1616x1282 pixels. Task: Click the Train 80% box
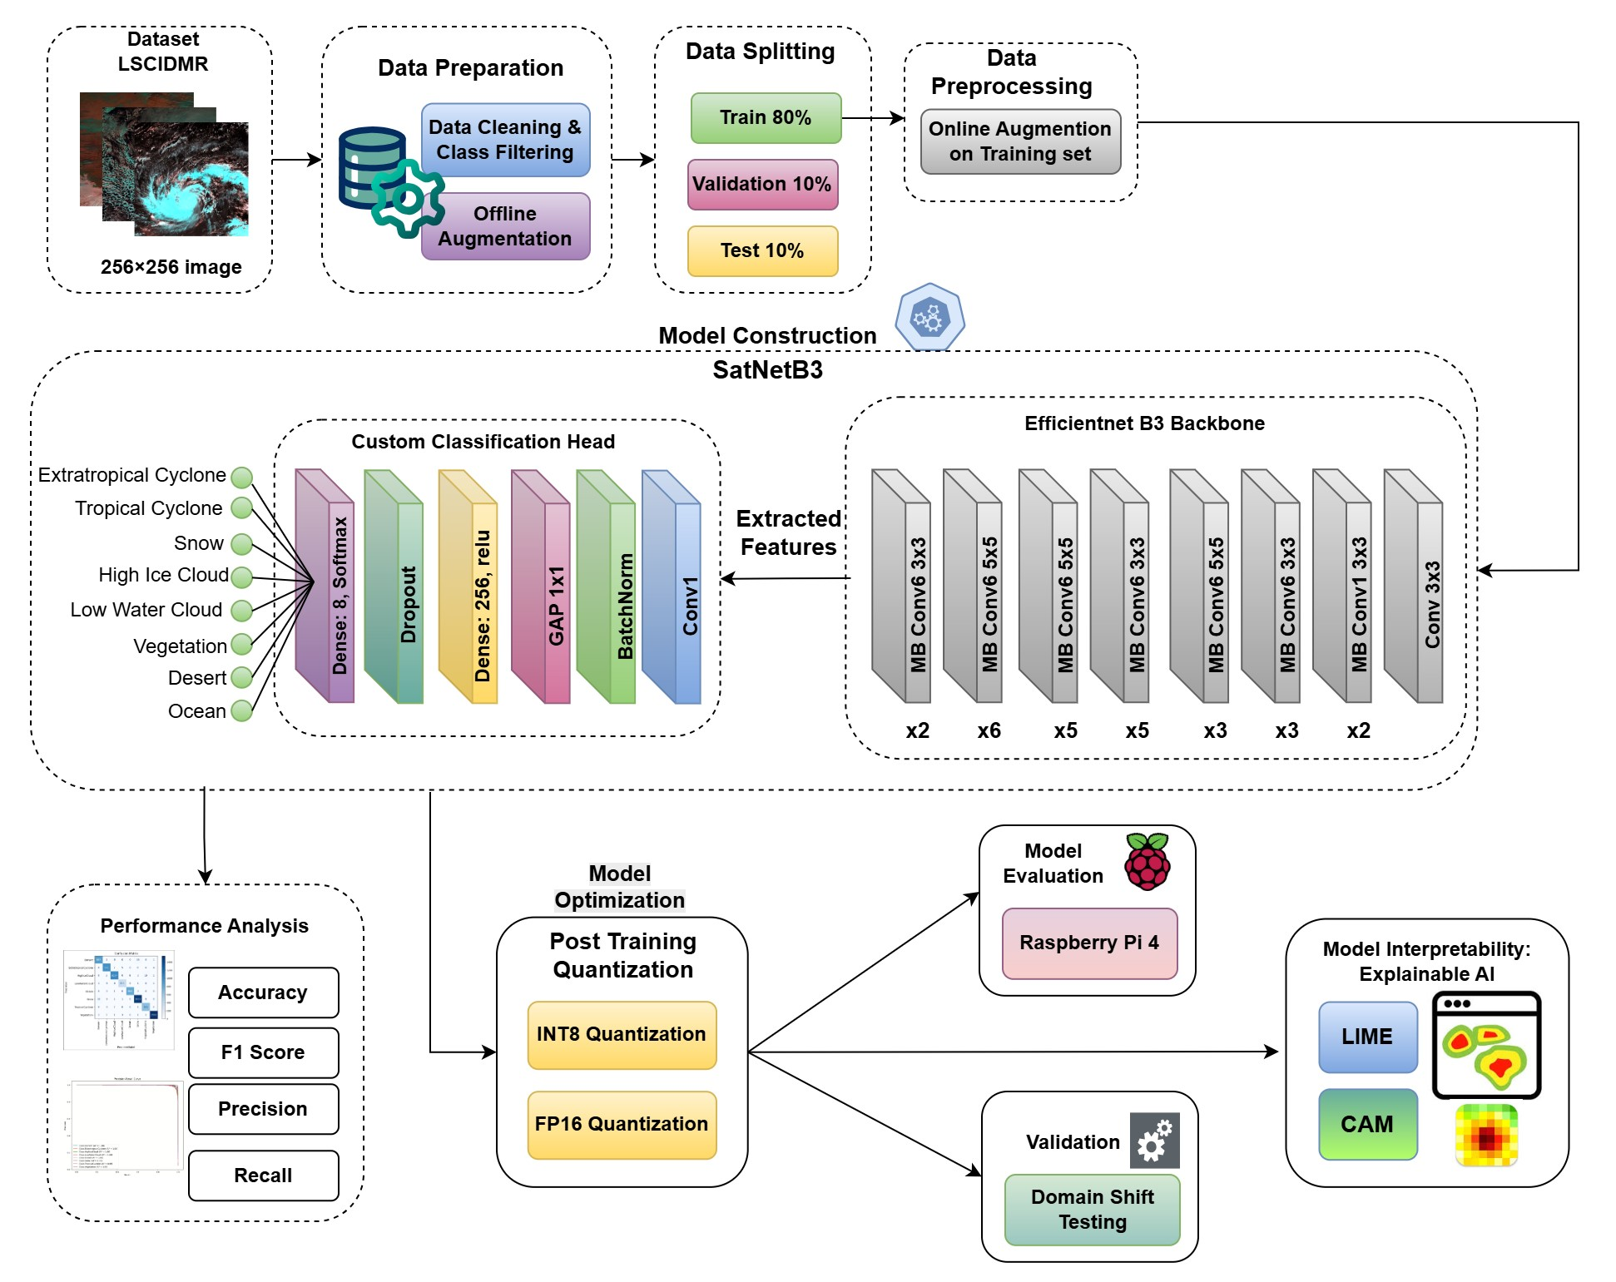click(x=766, y=117)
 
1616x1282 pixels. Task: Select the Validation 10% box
click(x=762, y=184)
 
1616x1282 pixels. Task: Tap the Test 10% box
click(x=762, y=250)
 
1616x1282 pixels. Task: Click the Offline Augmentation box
click(x=505, y=226)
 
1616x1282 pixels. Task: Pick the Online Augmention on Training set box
click(x=1020, y=141)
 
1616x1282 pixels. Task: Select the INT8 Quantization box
click(x=622, y=1034)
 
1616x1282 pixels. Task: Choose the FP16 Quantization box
click(x=622, y=1124)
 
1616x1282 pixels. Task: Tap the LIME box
click(x=1367, y=1037)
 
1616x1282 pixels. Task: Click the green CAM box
click(x=1367, y=1124)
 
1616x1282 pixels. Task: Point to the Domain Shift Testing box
click(x=1093, y=1210)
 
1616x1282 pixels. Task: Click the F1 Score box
click(x=263, y=1052)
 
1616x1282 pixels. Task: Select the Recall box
click(x=263, y=1176)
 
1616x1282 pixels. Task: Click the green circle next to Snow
click(x=242, y=544)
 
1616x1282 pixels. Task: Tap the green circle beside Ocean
click(x=242, y=711)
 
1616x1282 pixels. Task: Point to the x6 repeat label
click(x=989, y=730)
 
